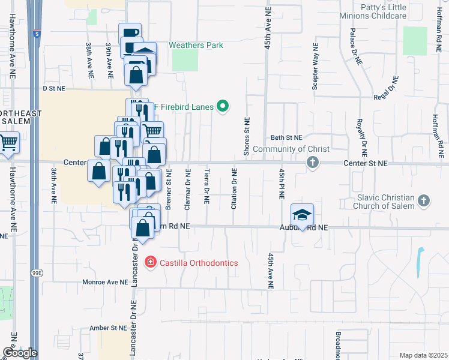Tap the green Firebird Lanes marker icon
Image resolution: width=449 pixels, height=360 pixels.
(223, 107)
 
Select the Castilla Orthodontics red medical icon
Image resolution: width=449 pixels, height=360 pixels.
(149, 263)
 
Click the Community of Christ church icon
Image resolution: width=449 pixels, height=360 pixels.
(312, 162)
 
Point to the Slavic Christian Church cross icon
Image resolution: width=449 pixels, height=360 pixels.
(423, 202)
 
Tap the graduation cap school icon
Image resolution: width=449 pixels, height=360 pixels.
(302, 215)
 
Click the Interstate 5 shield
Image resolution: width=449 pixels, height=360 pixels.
(37, 34)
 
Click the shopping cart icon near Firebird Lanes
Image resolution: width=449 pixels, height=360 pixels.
(152, 131)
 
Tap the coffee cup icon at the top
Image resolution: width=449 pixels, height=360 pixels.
(130, 33)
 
